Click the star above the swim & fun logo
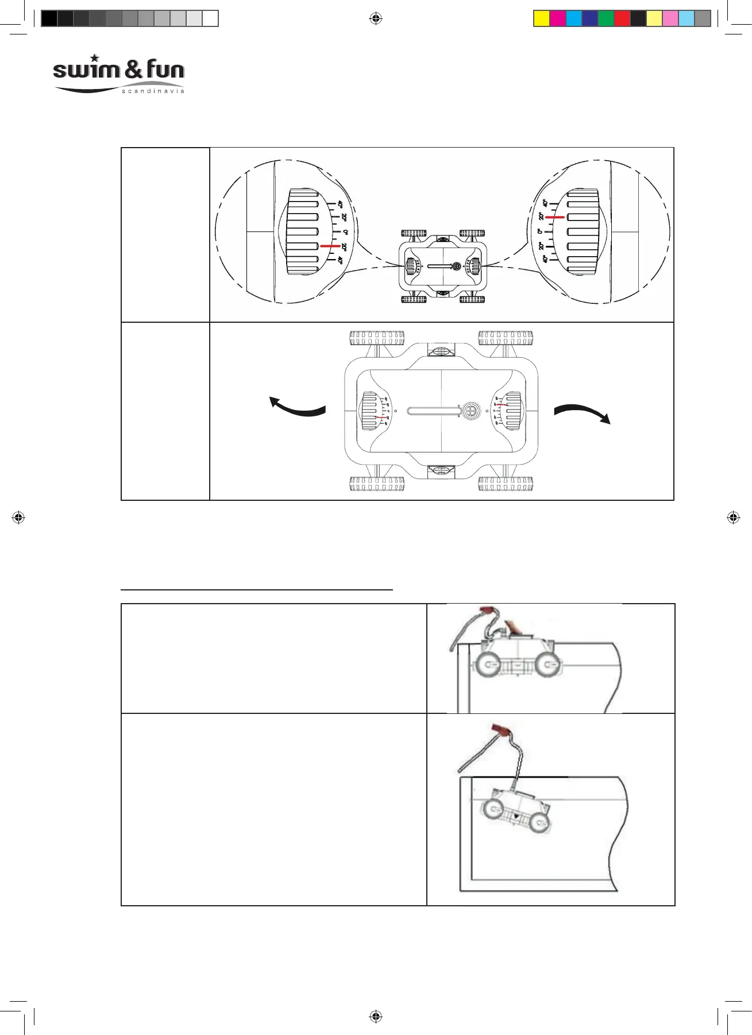95,58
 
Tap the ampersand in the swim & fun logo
133,70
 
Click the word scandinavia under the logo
153,91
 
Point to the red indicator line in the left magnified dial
330,246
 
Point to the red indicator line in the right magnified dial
555,218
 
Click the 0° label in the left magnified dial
345,232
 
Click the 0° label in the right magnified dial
539,231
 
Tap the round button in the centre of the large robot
471,411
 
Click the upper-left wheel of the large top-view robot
376,338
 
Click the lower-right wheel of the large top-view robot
506,484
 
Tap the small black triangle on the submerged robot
516,816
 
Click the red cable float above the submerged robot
501,731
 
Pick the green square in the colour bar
606,18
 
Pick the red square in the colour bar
622,18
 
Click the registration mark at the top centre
376,18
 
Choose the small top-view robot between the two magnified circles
442,267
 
